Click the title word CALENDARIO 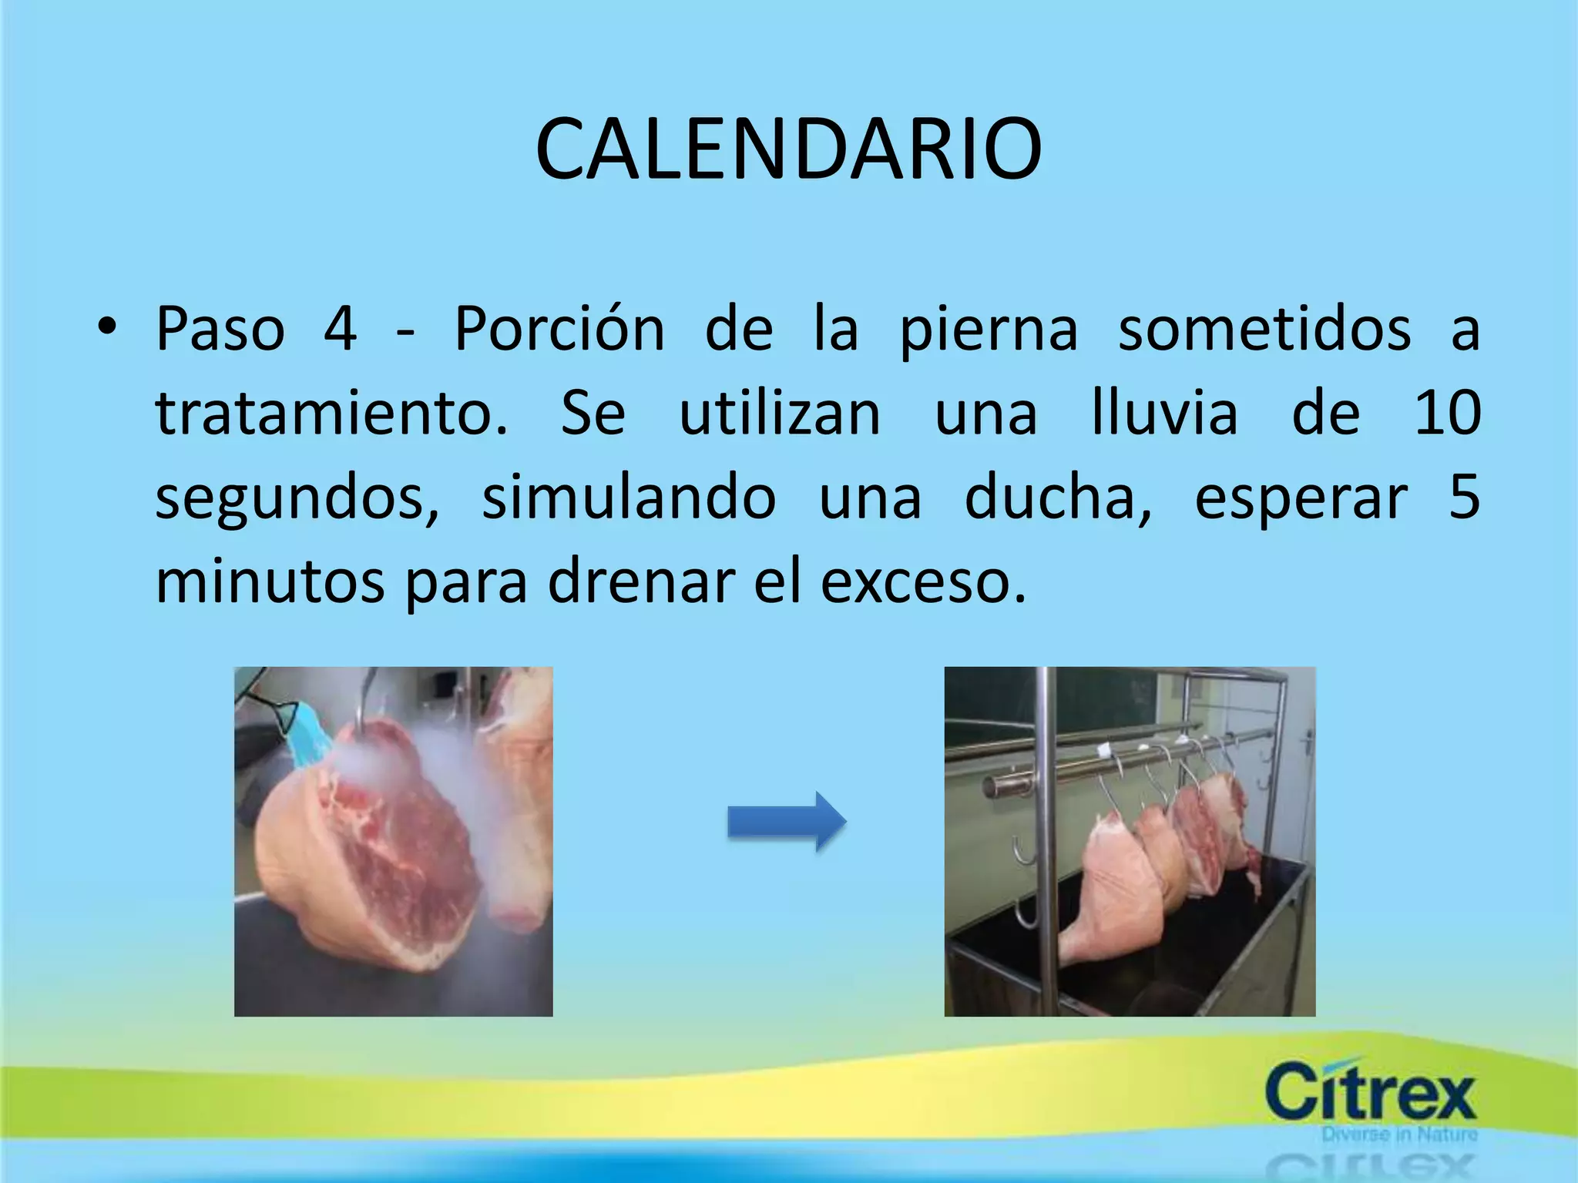pyautogui.click(x=788, y=149)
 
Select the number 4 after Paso pyautogui.click(x=340, y=330)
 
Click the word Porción pyautogui.click(x=559, y=330)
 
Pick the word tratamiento pyautogui.click(x=331, y=414)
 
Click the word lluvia pyautogui.click(x=1164, y=414)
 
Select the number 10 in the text pyautogui.click(x=1448, y=414)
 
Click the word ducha pyautogui.click(x=1057, y=498)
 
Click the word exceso pyautogui.click(x=922, y=581)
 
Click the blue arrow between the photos pyautogui.click(x=787, y=821)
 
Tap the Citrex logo pyautogui.click(x=1370, y=1092)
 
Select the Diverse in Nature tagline pyautogui.click(x=1399, y=1134)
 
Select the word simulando pyautogui.click(x=629, y=498)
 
